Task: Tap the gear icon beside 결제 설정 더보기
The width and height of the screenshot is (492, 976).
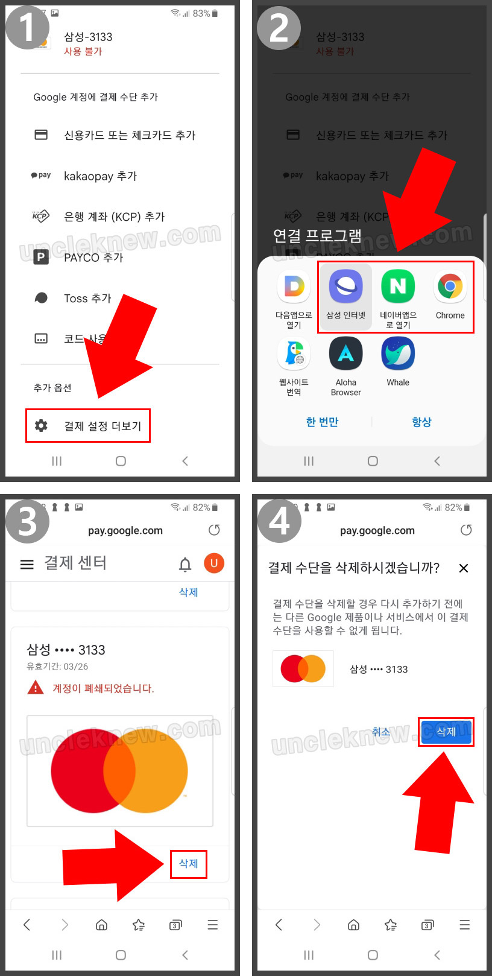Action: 41,425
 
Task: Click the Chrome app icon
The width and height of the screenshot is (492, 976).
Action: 450,287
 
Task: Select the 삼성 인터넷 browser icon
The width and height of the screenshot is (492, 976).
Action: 345,287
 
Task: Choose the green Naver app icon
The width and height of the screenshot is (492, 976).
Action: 398,287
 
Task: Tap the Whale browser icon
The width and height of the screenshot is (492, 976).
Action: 398,353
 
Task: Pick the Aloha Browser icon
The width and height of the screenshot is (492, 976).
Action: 345,353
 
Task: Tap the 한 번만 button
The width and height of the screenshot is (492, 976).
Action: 322,422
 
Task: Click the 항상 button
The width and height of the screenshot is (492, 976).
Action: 421,422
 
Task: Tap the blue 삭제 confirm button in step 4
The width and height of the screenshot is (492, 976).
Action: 446,732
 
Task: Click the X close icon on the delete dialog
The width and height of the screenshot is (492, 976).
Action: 463,568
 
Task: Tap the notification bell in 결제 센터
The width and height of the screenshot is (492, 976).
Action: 185,564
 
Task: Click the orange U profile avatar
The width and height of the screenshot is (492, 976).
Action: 214,563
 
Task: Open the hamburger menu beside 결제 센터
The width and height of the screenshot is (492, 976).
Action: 27,564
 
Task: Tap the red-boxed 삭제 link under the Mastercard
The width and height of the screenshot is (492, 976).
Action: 188,863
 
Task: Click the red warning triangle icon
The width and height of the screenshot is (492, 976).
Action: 36,687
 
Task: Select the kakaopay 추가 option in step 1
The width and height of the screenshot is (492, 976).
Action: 101,176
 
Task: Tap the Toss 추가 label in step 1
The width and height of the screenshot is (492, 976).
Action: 87,298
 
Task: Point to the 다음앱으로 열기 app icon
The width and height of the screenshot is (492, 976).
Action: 294,287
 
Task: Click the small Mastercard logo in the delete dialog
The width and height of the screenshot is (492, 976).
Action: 303,668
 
